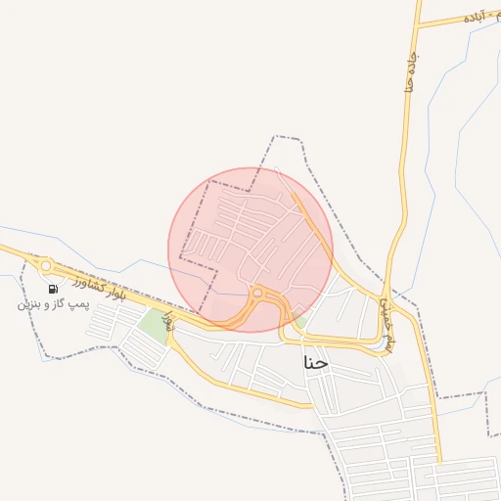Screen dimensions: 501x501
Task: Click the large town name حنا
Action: tap(317, 362)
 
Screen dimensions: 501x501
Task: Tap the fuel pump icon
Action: tap(51, 288)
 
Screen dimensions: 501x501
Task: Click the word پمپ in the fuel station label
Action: tap(78, 304)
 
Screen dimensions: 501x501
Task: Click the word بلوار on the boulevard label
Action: tap(114, 293)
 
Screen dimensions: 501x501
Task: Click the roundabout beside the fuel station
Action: tap(45, 265)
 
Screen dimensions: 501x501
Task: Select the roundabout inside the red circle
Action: tap(257, 292)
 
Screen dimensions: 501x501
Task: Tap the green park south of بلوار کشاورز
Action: tap(153, 324)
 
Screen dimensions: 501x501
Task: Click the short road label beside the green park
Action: tap(168, 320)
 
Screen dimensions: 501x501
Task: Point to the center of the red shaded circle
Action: tap(250, 250)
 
